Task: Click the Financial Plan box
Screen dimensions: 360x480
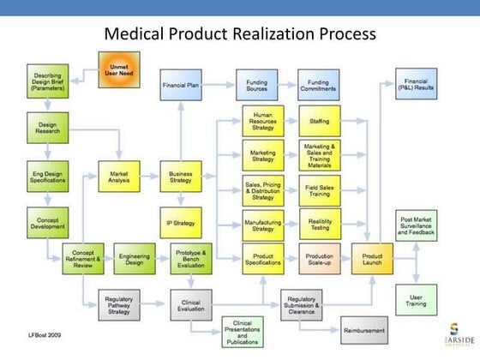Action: pyautogui.click(x=181, y=87)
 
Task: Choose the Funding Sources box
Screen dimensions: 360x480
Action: pyautogui.click(x=255, y=87)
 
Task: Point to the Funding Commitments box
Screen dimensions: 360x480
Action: pyautogui.click(x=319, y=87)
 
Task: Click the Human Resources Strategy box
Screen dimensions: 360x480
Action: pyautogui.click(x=262, y=122)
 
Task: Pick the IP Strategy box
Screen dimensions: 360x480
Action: pyautogui.click(x=181, y=223)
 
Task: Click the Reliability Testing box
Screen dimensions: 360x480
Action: pyautogui.click(x=320, y=225)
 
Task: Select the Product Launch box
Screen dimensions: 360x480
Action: pyautogui.click(x=372, y=258)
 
